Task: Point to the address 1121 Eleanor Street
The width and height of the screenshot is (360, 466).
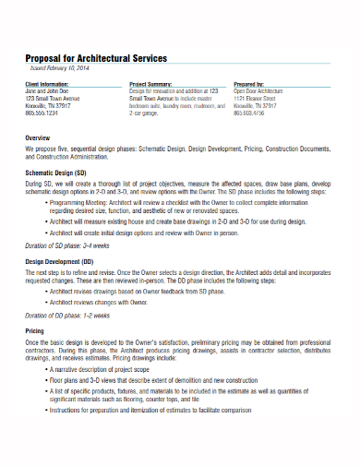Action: pyautogui.click(x=253, y=99)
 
